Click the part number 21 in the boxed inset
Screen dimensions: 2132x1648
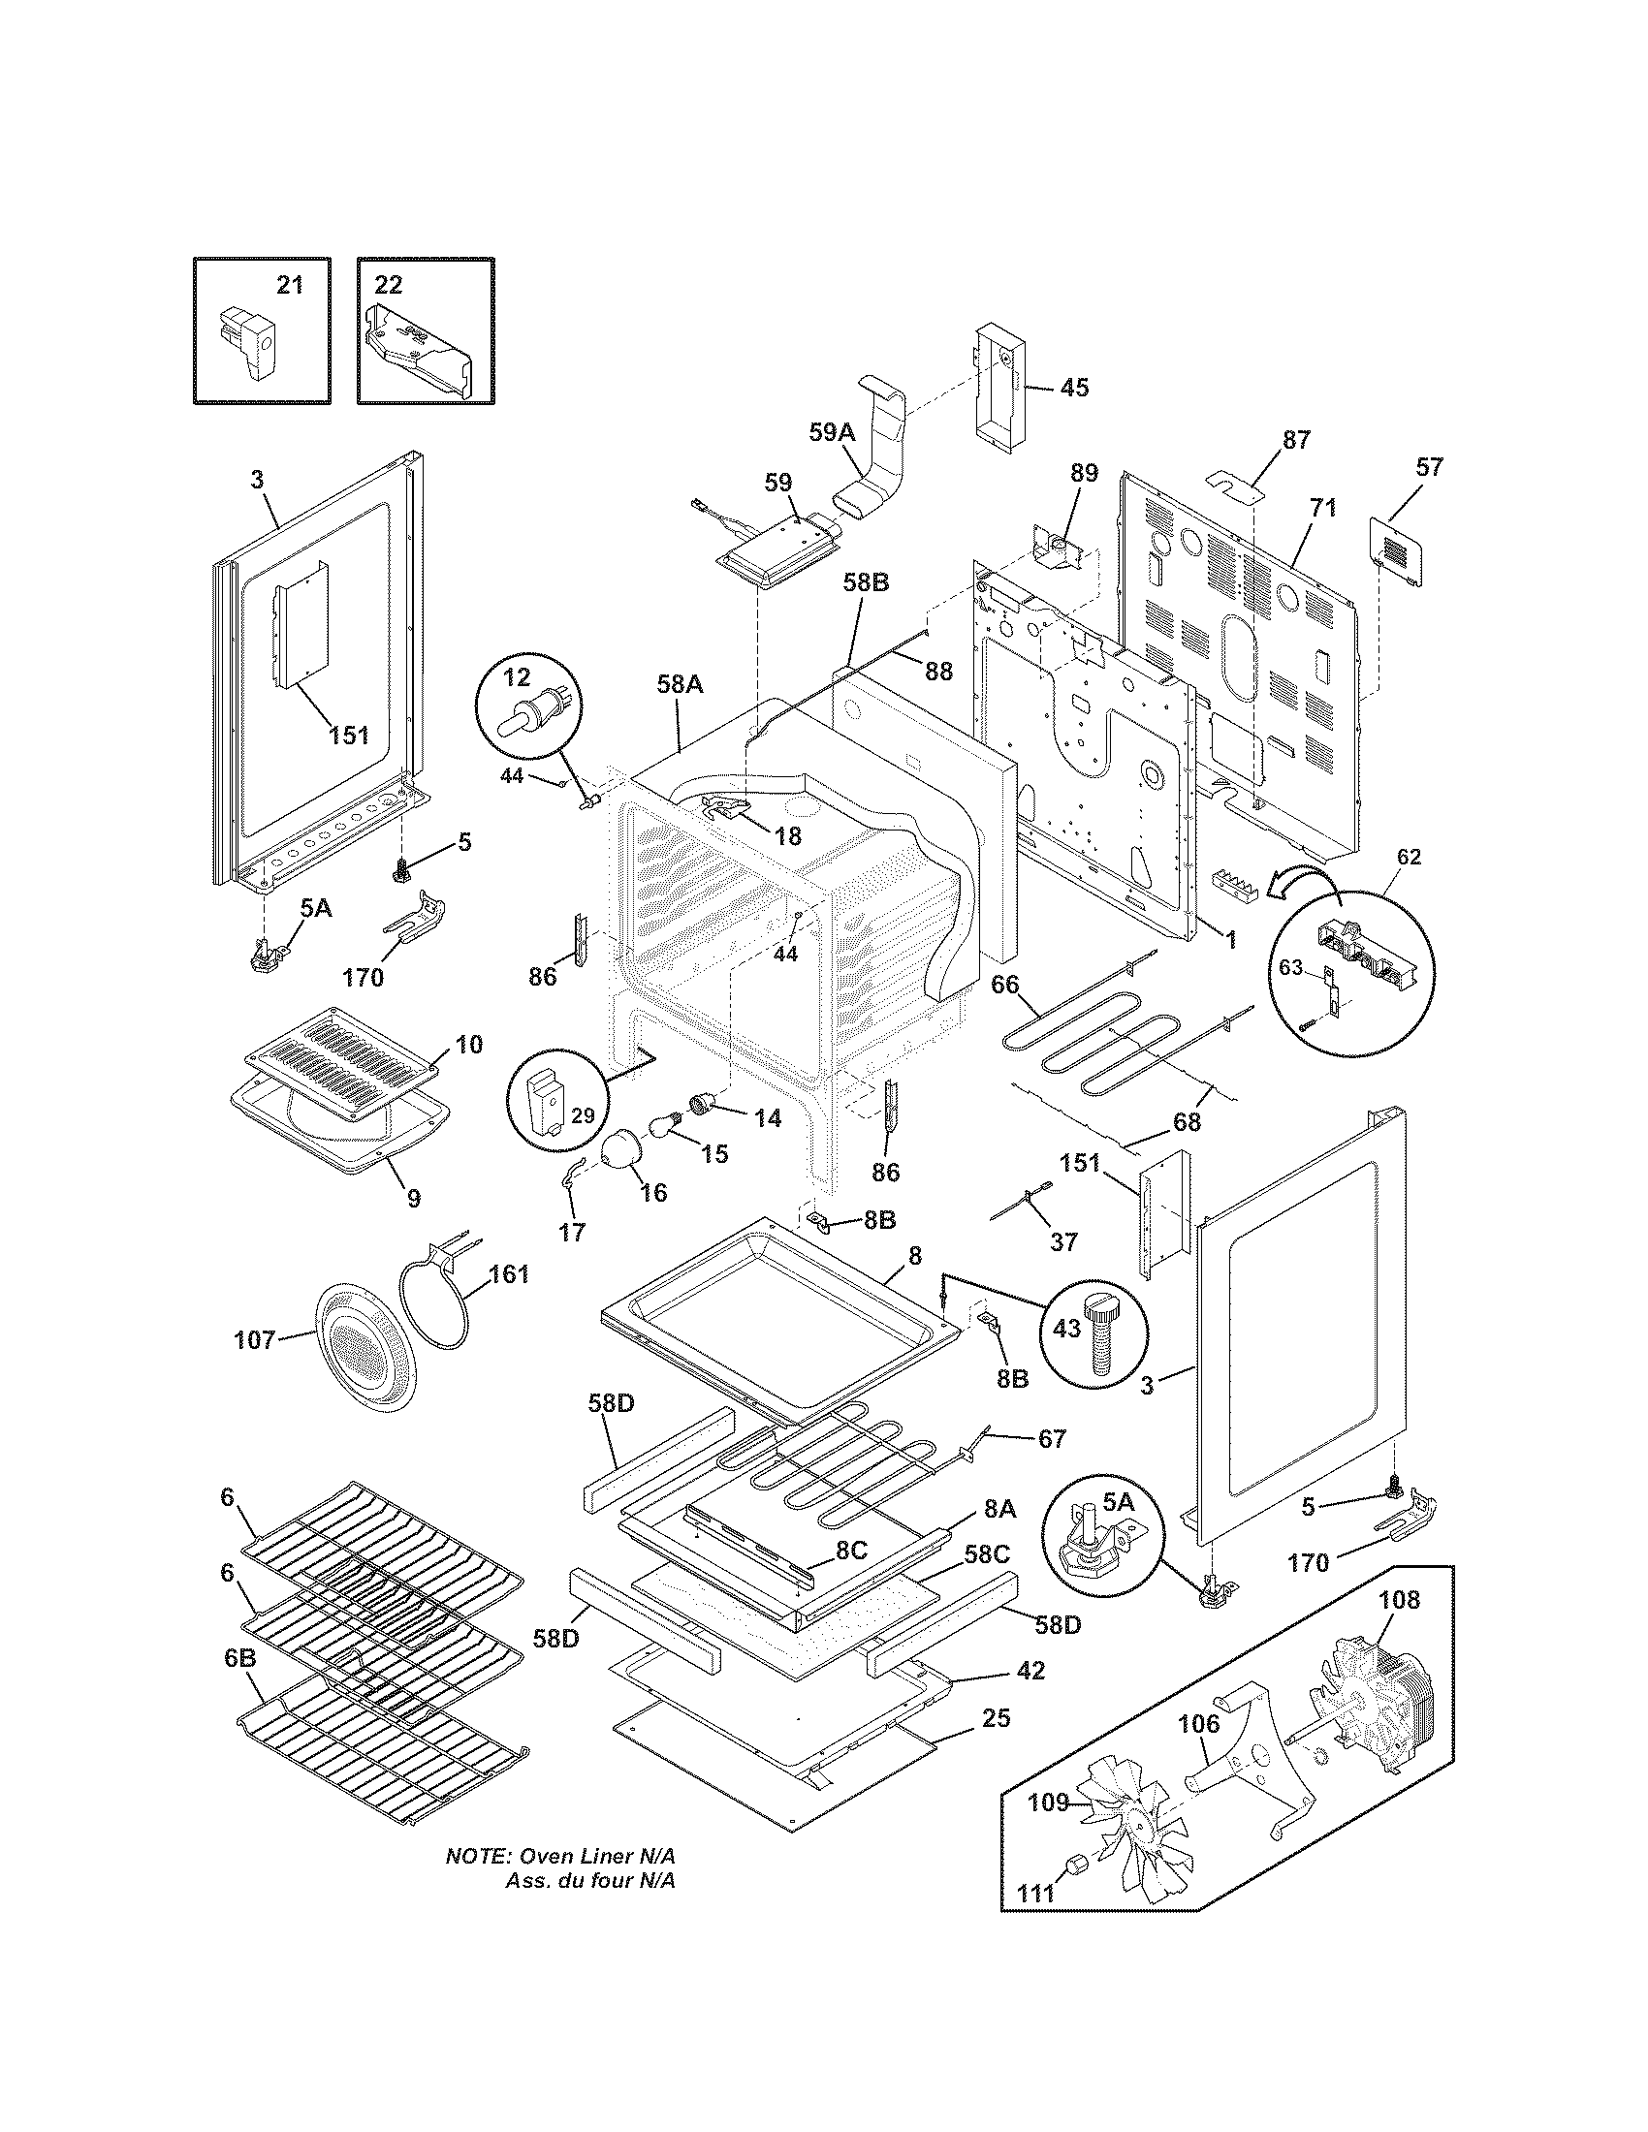pos(290,285)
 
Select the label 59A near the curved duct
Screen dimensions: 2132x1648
pos(831,431)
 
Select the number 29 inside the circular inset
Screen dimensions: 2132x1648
pos(582,1114)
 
